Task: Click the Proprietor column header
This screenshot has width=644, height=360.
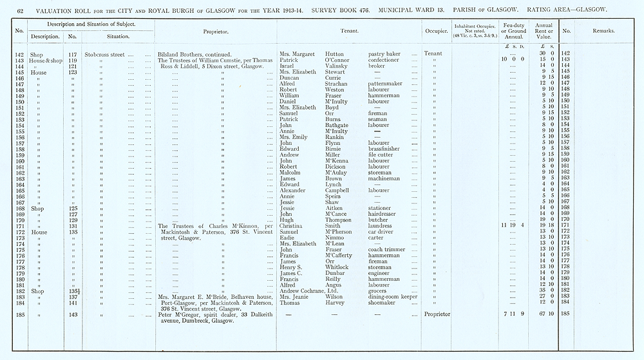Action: [216, 30]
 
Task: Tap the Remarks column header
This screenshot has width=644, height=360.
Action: [603, 30]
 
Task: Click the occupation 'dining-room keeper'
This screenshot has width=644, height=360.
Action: [397, 297]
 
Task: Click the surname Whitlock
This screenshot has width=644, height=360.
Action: [338, 267]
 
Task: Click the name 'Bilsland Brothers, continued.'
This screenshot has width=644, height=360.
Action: [194, 54]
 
